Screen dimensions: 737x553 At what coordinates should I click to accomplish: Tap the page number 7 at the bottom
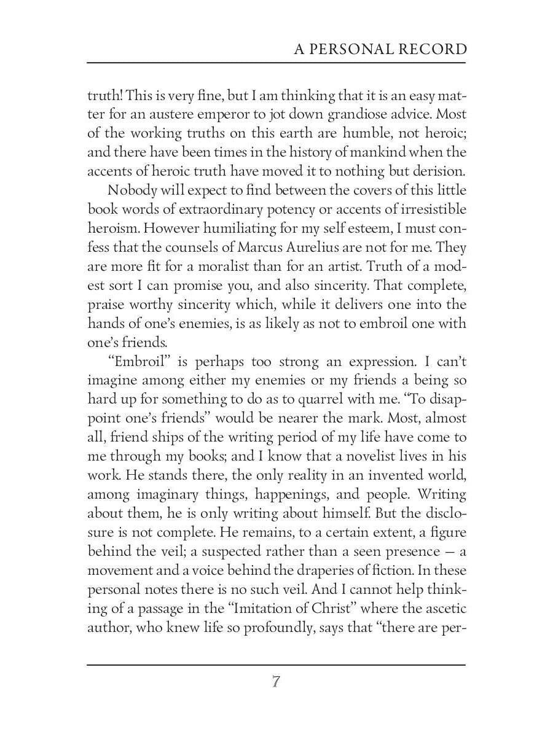tap(276, 682)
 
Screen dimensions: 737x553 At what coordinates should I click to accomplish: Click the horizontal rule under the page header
tap(276, 63)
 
